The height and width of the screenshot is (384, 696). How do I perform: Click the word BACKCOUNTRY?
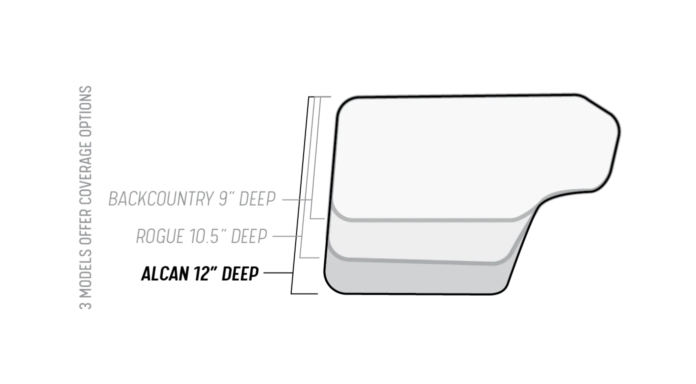point(161,198)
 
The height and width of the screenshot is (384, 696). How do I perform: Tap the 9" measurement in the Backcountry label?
point(226,198)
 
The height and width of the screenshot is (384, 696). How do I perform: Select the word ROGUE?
point(160,236)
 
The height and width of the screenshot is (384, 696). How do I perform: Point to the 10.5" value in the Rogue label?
point(208,236)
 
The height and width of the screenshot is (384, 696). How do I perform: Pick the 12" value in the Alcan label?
point(205,273)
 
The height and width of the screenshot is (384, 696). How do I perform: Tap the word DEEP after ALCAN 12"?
point(240,273)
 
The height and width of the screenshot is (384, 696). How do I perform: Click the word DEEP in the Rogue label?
point(249,236)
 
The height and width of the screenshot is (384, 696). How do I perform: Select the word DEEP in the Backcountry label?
point(257,198)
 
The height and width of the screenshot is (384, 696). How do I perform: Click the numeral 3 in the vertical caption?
point(86,304)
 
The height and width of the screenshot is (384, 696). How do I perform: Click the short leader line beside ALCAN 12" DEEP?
point(278,273)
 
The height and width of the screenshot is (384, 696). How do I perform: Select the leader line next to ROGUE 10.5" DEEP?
point(287,236)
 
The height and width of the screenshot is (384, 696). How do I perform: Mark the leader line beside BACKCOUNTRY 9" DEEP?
point(297,199)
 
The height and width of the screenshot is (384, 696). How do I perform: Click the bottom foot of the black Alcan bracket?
point(305,293)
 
